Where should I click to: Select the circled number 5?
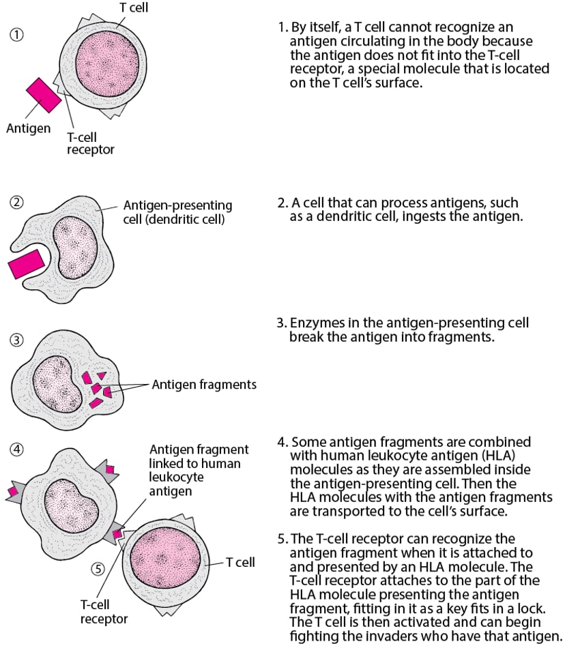click(98, 566)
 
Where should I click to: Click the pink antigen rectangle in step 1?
click(43, 95)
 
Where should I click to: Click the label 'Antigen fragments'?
click(204, 385)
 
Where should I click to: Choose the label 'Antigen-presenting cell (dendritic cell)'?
click(177, 213)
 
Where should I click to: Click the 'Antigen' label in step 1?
click(28, 128)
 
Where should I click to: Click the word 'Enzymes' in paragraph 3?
click(311, 323)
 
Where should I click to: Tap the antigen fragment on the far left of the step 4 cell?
click(13, 491)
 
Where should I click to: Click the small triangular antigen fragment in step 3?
click(101, 375)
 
